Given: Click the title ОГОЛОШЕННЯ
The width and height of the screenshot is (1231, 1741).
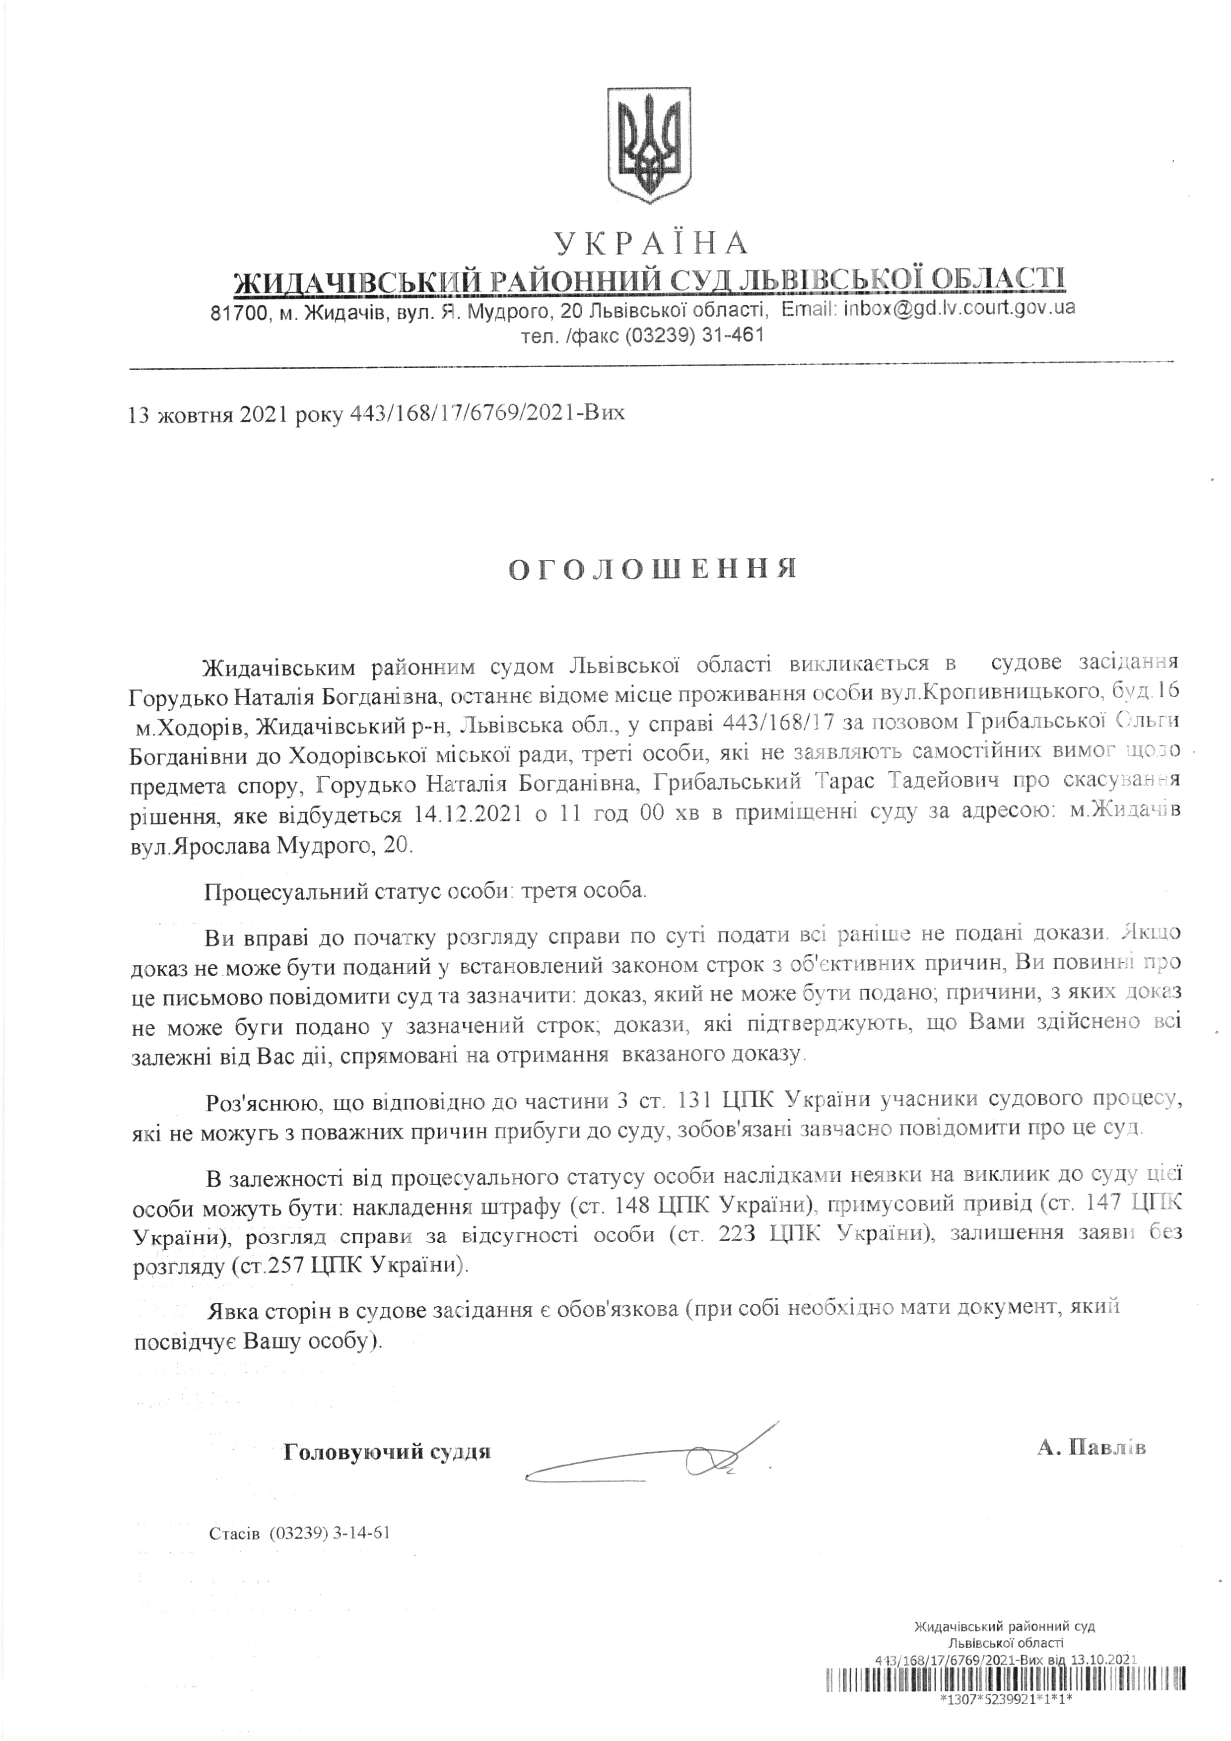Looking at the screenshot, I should [x=652, y=569].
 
